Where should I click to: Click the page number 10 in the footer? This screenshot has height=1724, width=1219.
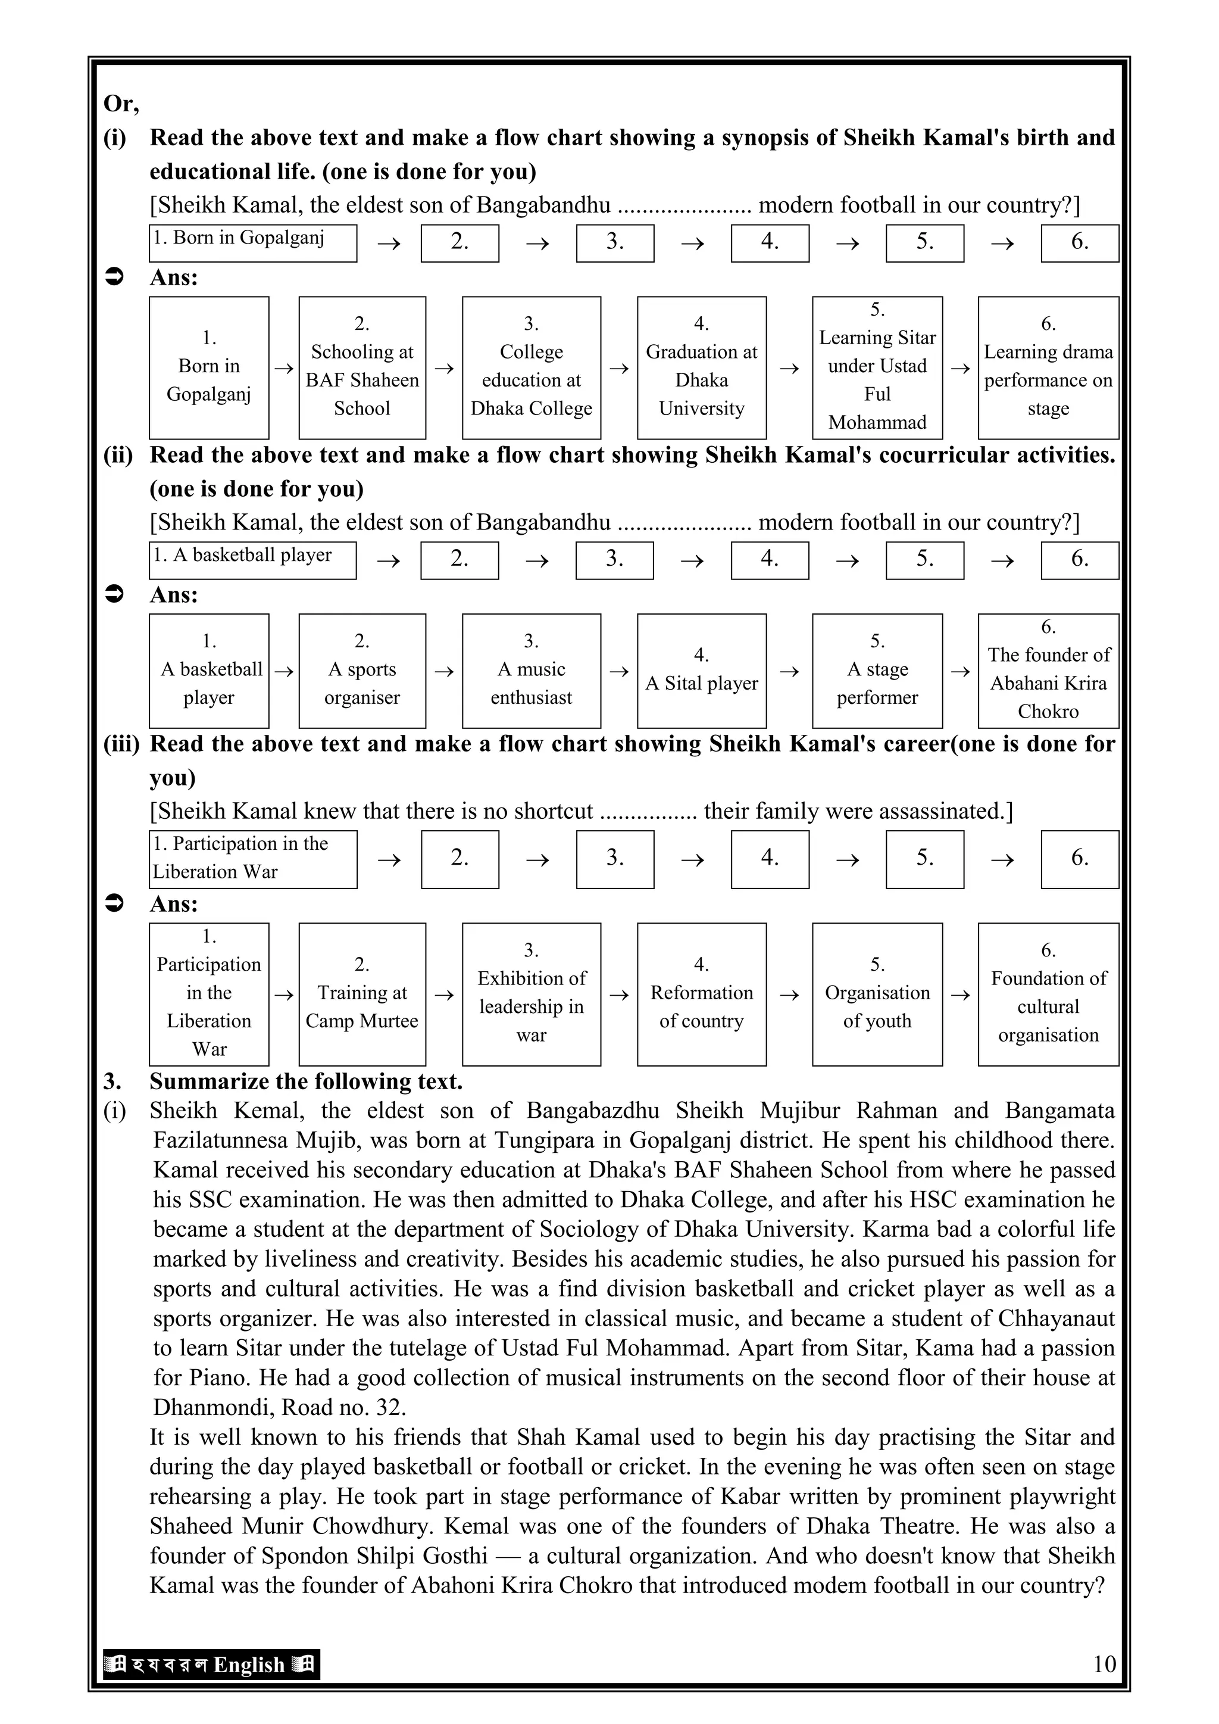pos(1104,1664)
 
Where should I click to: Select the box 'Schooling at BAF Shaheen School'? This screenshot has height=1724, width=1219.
pos(362,368)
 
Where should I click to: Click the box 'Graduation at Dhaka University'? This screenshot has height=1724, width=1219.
pos(701,368)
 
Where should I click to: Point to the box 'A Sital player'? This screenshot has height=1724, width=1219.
pos(701,671)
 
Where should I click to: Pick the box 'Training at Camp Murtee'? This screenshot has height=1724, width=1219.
pos(362,994)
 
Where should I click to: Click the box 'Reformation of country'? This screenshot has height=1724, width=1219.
pos(701,994)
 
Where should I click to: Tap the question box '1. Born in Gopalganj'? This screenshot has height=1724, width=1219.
pos(252,242)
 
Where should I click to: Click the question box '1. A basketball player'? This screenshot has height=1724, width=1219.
pos(252,560)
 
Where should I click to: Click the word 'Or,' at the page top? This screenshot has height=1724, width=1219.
pos(121,104)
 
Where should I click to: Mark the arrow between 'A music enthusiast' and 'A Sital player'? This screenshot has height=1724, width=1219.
pos(618,671)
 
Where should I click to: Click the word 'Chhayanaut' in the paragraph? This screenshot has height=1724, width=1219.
pos(1055,1318)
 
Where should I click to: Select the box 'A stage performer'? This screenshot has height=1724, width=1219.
pos(877,671)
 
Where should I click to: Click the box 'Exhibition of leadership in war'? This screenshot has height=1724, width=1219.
pos(532,994)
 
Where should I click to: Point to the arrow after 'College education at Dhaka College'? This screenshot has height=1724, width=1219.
pos(618,369)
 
